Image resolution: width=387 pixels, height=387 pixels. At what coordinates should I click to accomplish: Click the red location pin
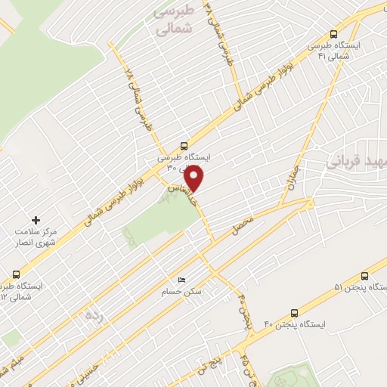(194, 178)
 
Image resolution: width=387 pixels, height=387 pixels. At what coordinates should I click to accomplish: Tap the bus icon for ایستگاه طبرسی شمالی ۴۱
(334, 34)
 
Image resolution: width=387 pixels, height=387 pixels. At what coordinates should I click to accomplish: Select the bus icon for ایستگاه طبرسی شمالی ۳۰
(184, 147)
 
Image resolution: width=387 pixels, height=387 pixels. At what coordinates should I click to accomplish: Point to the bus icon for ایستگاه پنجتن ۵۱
(365, 276)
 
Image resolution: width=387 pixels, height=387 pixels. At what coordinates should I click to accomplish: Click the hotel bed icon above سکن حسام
(180, 280)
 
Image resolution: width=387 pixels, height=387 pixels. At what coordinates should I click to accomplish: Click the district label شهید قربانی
(355, 161)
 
